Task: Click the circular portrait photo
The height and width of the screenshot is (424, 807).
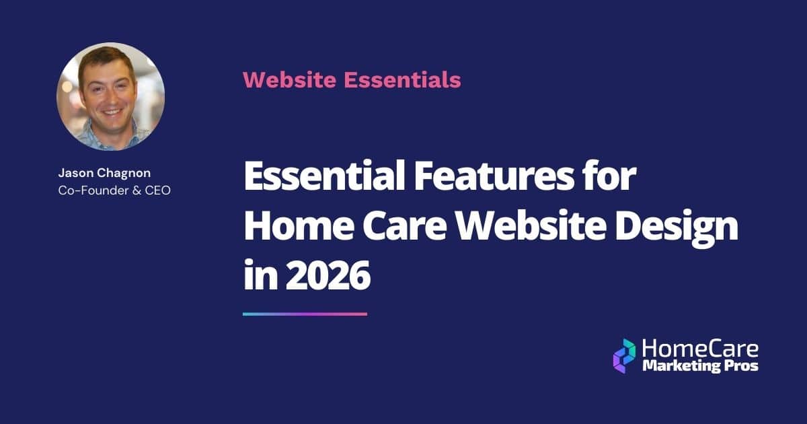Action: tap(110, 96)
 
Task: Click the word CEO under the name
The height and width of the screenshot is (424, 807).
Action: tap(157, 190)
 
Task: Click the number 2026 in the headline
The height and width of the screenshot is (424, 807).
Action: tap(328, 276)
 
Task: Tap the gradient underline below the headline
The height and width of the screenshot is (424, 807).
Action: tap(305, 314)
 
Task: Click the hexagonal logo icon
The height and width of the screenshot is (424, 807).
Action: tap(624, 355)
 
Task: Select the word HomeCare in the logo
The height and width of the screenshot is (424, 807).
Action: tap(699, 349)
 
